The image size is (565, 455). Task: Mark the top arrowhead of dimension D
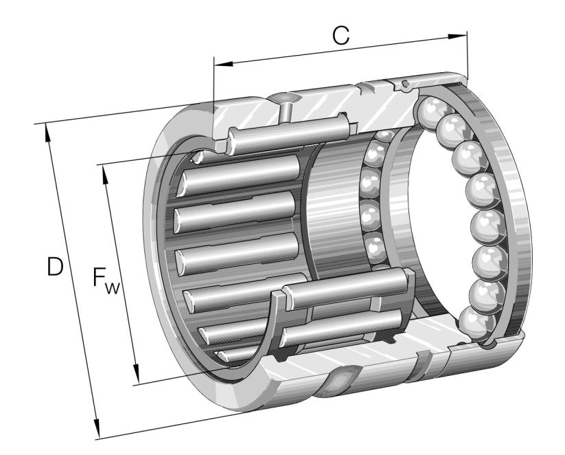47,129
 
